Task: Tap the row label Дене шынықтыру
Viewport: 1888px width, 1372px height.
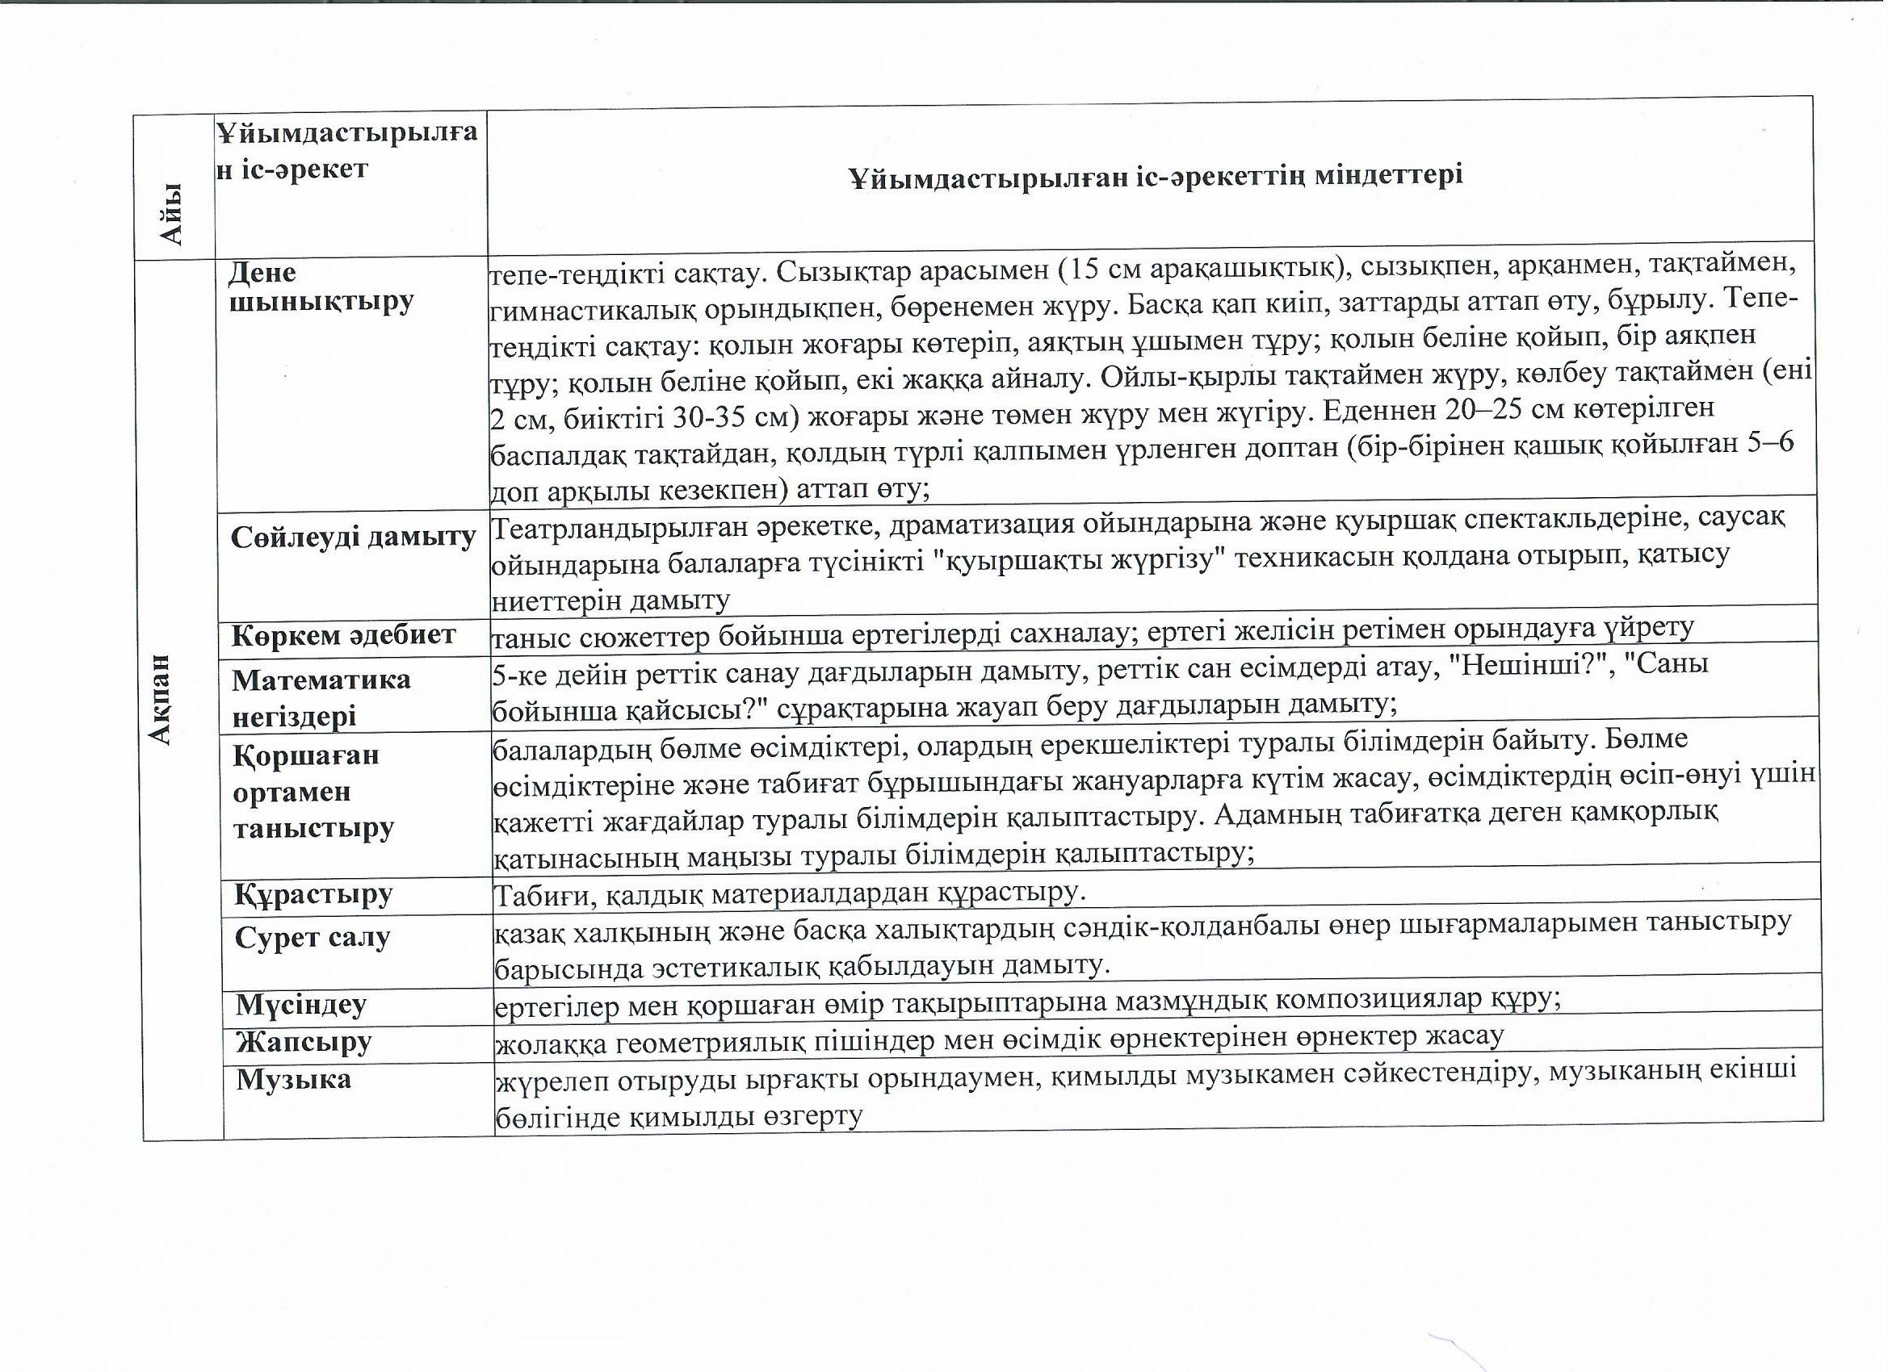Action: [x=321, y=287]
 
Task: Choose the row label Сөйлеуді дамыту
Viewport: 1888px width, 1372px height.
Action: [x=353, y=538]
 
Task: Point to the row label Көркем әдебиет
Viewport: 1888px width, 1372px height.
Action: [x=343, y=636]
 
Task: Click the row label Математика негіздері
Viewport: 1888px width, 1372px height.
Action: [x=321, y=697]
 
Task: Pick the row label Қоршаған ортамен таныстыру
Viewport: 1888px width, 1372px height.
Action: [x=313, y=791]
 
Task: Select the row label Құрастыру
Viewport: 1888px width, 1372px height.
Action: [x=313, y=894]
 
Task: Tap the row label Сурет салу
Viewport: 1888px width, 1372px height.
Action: [x=313, y=938]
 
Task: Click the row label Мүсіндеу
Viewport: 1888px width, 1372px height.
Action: [x=300, y=1005]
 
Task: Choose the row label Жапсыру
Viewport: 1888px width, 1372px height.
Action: [x=303, y=1042]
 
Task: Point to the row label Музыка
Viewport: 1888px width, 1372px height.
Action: [x=293, y=1080]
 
